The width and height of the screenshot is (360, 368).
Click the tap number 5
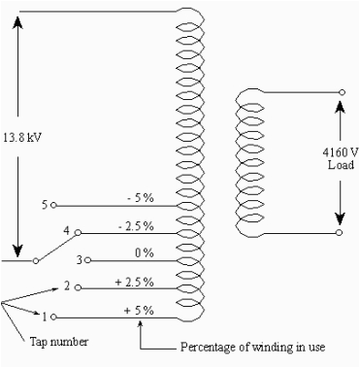pos(45,205)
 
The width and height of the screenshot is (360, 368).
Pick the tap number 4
pos(66,231)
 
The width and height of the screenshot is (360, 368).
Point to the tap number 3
pos(80,260)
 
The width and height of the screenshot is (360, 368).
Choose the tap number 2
pos(67,286)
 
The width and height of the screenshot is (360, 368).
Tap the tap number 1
pos(45,316)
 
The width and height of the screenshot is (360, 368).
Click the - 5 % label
pos(142,197)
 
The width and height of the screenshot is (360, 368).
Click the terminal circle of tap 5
pos(54,206)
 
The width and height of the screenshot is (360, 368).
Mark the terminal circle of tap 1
pos(54,317)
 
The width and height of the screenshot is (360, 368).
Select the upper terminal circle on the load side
pos(341,91)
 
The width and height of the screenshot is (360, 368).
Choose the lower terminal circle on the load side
pos(341,234)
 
